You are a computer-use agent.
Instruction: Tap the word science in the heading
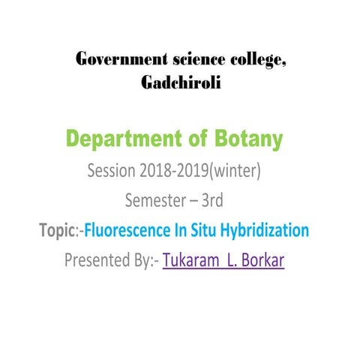192,61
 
